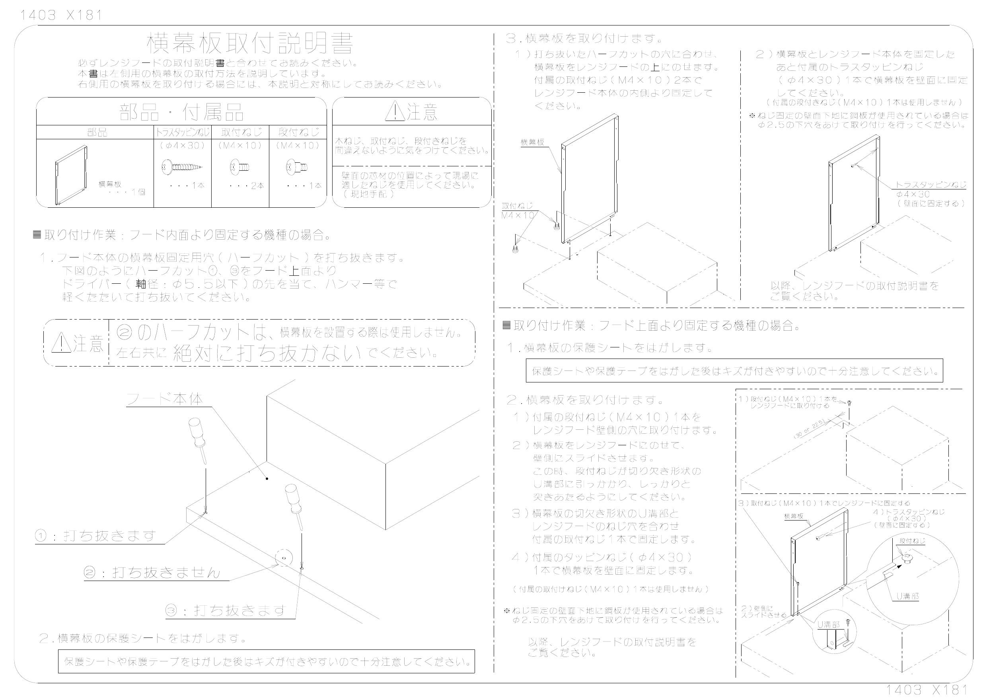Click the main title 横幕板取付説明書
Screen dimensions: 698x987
click(x=250, y=43)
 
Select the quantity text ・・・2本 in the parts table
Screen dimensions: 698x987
click(x=246, y=186)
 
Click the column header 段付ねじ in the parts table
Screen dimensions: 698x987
click(x=298, y=132)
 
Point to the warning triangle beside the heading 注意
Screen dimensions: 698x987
click(x=394, y=112)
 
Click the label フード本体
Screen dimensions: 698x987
click(x=165, y=399)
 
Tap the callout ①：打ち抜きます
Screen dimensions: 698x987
click(x=95, y=536)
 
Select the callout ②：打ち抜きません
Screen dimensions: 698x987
click(x=151, y=573)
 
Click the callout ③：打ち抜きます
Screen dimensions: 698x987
click(x=226, y=610)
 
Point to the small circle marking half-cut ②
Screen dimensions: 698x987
click(x=284, y=558)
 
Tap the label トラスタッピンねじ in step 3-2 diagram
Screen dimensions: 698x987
click(x=931, y=185)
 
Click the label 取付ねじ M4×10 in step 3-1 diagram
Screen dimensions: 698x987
click(x=518, y=211)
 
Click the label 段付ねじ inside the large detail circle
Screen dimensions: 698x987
click(x=912, y=541)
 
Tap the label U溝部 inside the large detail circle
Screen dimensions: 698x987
click(x=907, y=596)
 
